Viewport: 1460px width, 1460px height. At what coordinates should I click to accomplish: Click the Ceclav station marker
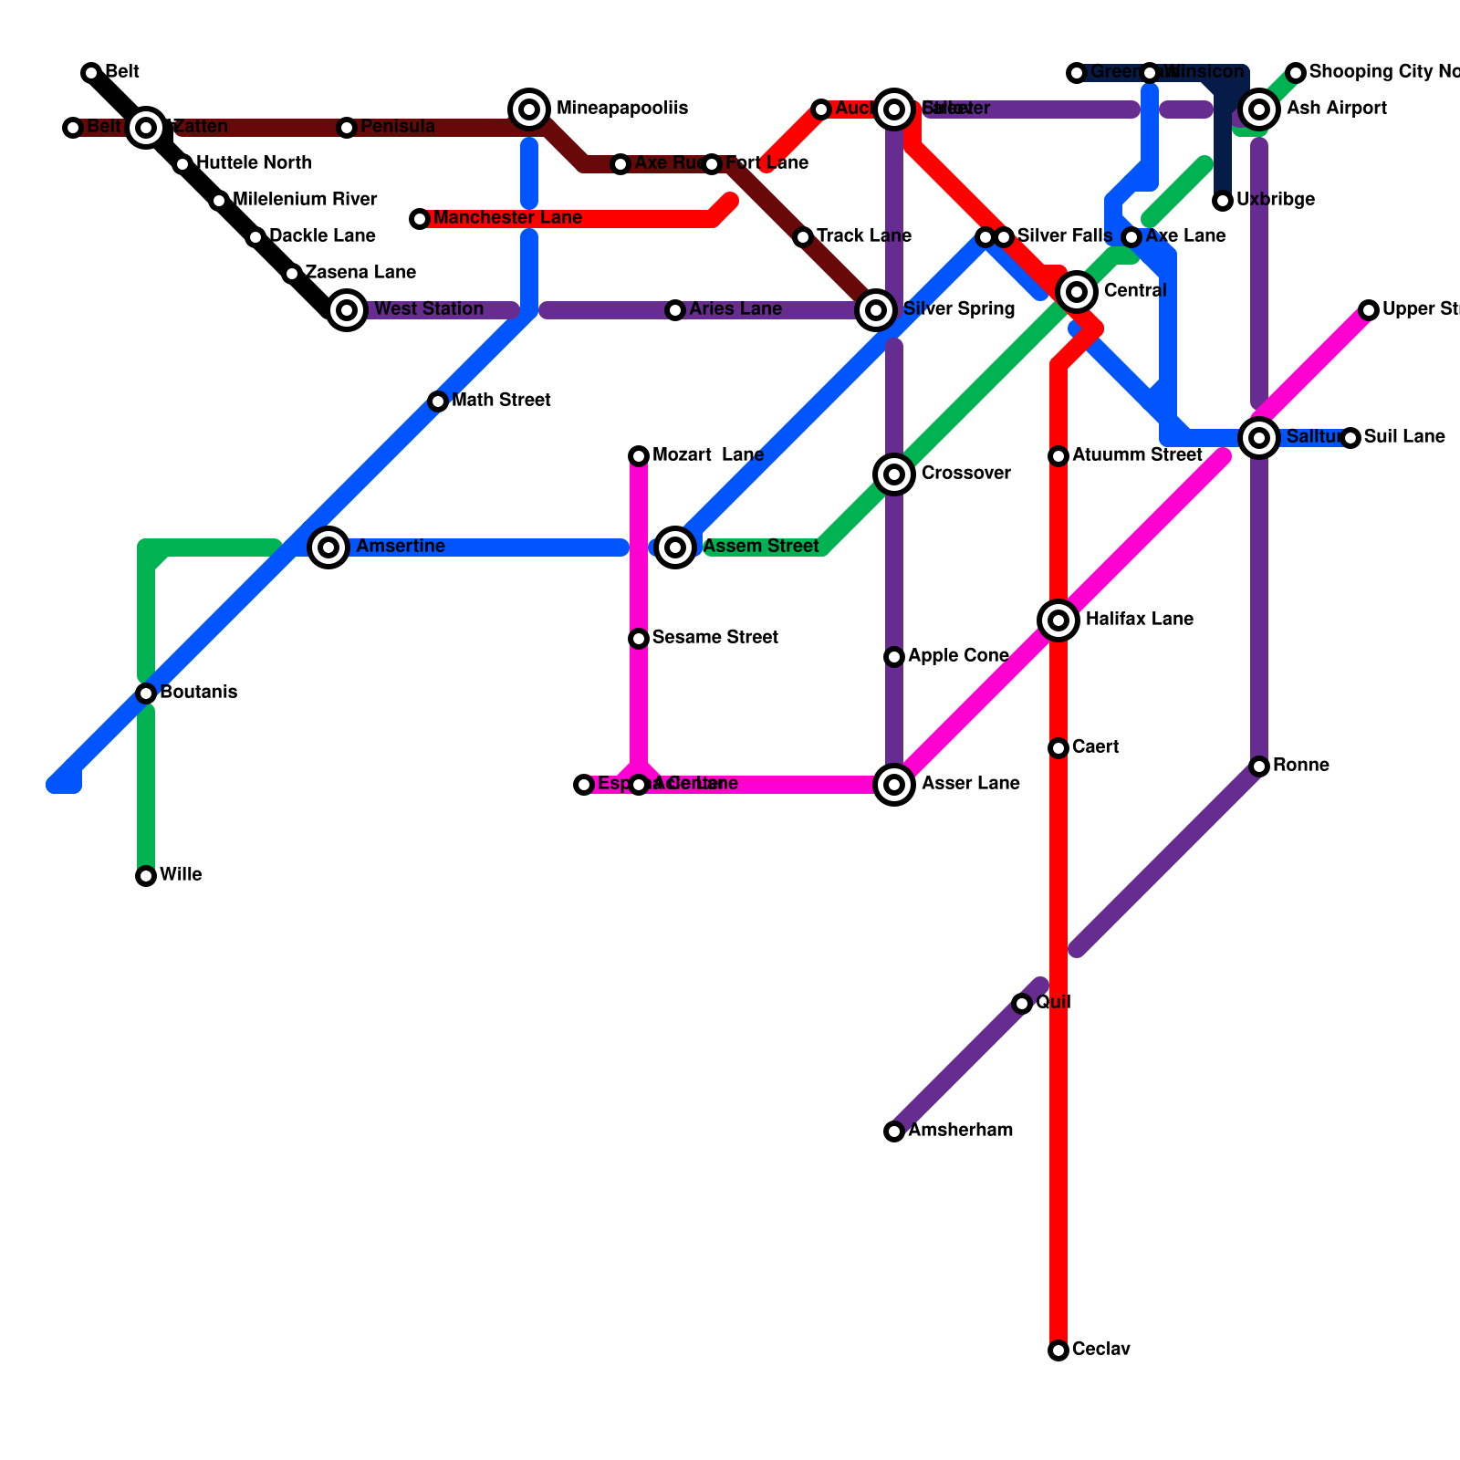[1058, 1350]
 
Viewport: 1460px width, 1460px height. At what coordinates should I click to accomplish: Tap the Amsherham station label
[960, 1131]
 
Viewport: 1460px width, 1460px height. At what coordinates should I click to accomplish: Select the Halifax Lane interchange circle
[1058, 620]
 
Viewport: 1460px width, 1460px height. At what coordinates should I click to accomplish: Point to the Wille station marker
[146, 876]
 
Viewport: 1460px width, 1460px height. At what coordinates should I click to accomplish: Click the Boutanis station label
[198, 693]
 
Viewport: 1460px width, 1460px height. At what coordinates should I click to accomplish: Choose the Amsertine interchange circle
[328, 547]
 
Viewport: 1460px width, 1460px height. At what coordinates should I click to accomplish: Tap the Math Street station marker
[438, 401]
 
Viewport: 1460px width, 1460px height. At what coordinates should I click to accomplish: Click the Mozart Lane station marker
[639, 456]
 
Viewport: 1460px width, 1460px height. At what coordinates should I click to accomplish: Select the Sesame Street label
[715, 638]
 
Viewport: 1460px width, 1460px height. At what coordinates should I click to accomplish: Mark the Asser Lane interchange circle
[894, 785]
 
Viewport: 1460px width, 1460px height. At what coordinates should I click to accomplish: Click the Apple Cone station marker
[894, 657]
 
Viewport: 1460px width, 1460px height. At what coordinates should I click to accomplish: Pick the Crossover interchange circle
[894, 474]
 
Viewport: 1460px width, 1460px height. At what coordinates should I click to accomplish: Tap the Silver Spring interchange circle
[876, 310]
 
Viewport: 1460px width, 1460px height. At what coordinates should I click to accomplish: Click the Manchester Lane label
[507, 218]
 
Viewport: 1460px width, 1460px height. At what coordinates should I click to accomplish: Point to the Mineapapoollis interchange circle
[529, 109]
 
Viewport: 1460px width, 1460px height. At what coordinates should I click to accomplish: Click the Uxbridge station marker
[1223, 201]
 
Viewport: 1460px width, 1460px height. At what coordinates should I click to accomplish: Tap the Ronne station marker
[1259, 766]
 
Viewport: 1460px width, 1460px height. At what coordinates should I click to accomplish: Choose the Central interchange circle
[1077, 292]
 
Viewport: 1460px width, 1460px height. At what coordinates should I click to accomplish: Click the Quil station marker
[1022, 1004]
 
